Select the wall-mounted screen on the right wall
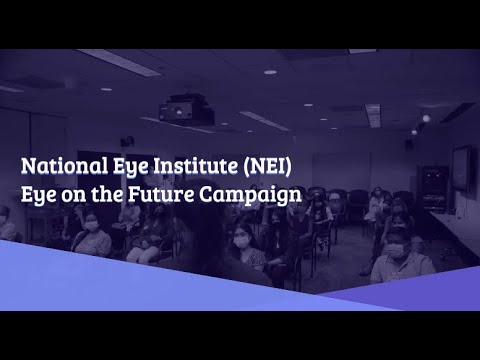click(x=462, y=168)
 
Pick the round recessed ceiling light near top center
click(x=270, y=72)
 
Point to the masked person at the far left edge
click(x=6, y=225)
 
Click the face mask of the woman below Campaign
click(x=241, y=241)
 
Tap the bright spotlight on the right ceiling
click(x=425, y=118)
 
